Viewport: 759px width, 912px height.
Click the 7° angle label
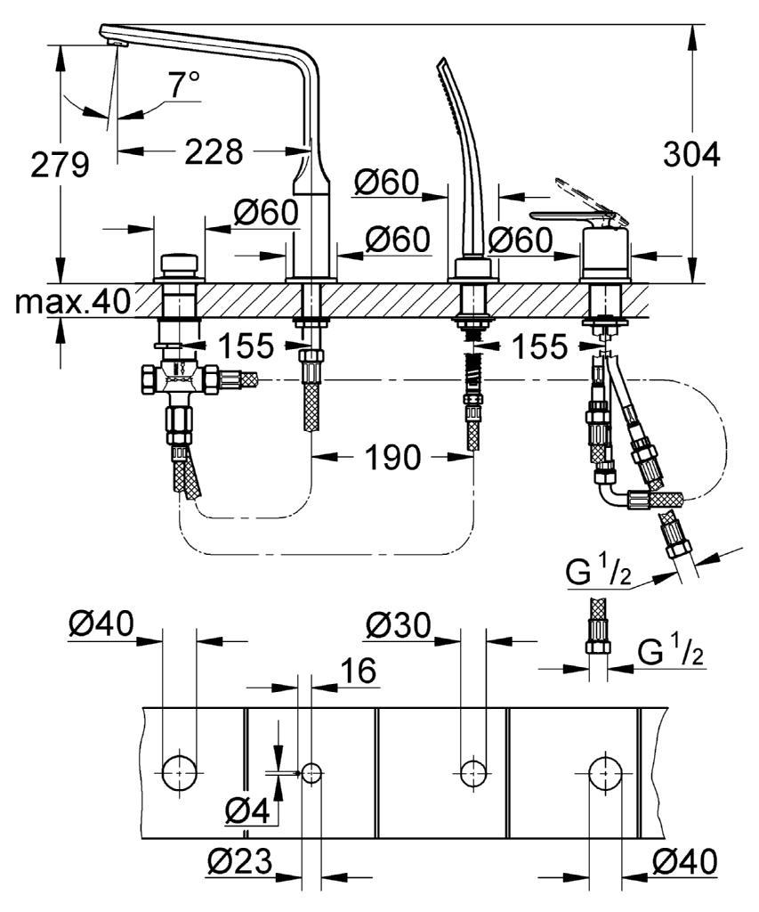184,85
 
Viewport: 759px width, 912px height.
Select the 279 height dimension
60,165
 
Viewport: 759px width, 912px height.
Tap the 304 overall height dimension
691,155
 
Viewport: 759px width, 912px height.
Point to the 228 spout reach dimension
214,151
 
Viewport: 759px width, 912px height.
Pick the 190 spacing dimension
392,457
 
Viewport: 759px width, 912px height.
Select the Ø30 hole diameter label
399,626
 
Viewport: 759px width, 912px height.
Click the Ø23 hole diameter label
240,861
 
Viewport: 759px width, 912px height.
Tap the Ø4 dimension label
247,810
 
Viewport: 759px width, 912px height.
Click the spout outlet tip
117,45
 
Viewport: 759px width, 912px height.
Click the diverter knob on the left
180,265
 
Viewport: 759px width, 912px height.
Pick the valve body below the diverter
180,380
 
